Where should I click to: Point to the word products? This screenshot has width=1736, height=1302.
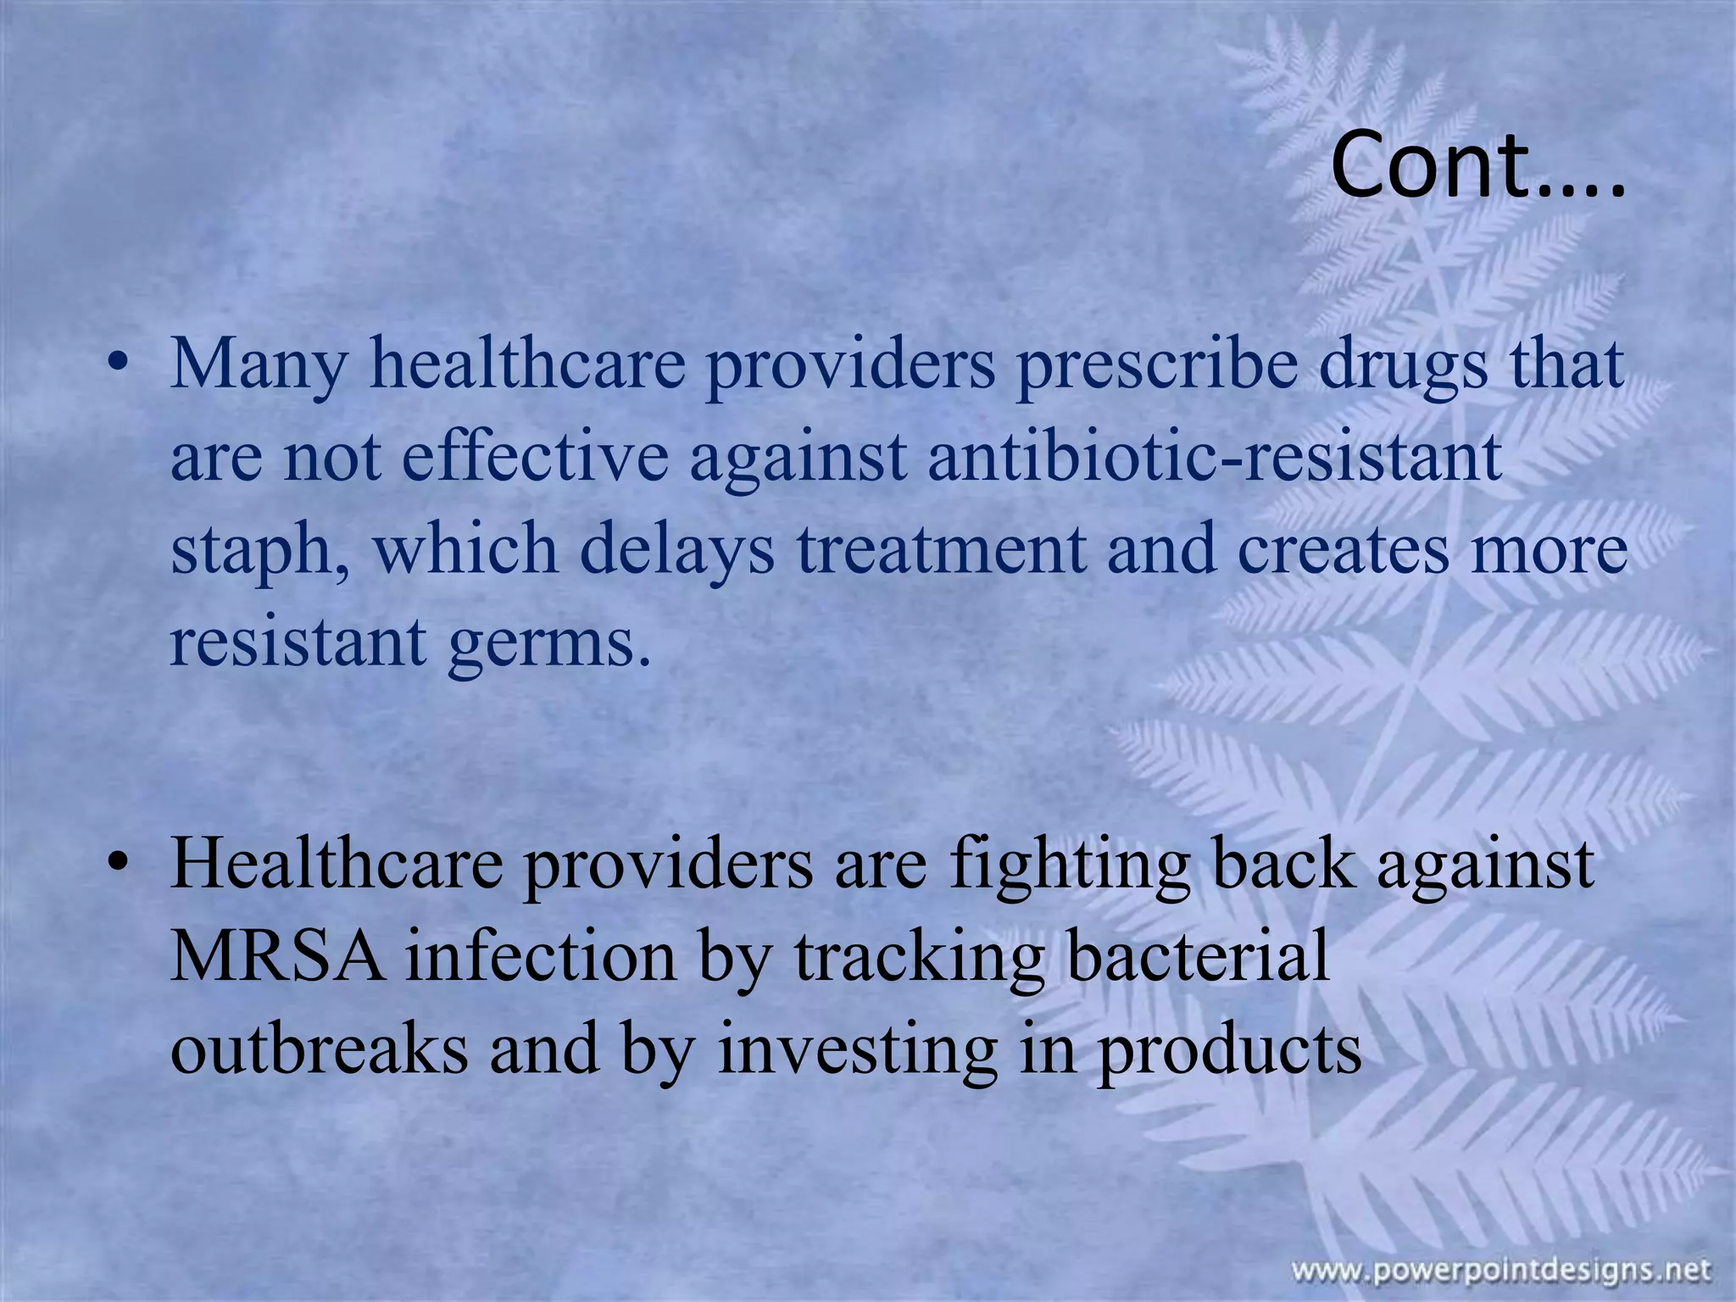click(1229, 1051)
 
